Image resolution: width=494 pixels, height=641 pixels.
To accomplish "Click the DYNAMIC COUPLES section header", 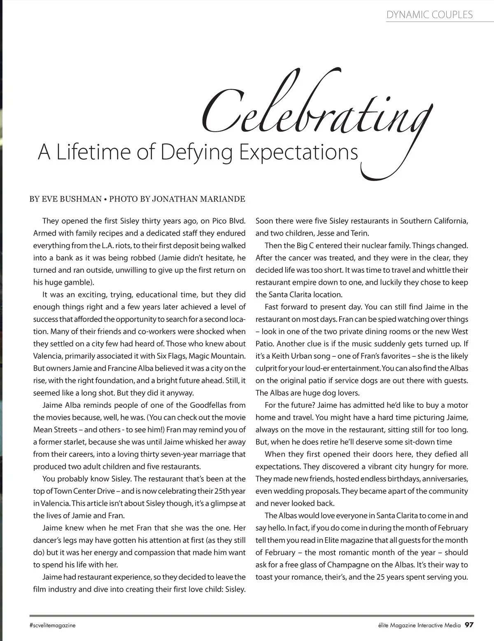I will click(429, 15).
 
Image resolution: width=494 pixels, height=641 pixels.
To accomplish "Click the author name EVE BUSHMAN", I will click(72, 199).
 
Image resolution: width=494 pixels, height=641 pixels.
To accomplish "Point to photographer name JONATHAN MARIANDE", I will click(198, 199).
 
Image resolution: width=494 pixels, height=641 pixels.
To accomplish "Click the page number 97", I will click(470, 625).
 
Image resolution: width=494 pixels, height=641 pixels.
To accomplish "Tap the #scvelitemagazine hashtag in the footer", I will click(53, 625).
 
